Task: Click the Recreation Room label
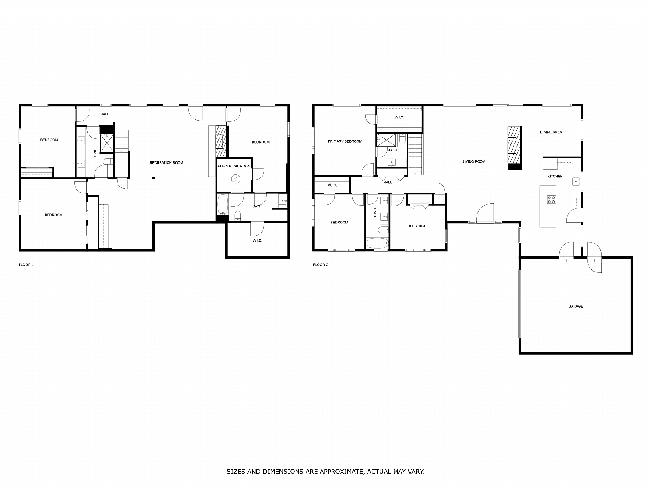click(166, 163)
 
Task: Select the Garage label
click(575, 306)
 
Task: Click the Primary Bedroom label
click(345, 141)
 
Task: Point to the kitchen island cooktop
click(551, 200)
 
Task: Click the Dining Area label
click(551, 132)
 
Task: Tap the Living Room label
click(473, 162)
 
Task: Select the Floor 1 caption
click(26, 265)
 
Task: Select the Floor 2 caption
click(320, 265)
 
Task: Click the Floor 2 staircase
click(416, 154)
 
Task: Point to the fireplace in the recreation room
click(221, 141)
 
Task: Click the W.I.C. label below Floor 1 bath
click(257, 241)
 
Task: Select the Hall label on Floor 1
click(105, 115)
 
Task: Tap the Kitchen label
click(555, 177)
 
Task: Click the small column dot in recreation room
click(153, 177)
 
